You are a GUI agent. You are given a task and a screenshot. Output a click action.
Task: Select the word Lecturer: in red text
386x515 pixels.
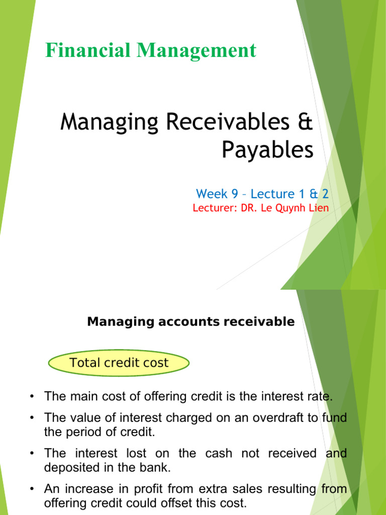(214, 207)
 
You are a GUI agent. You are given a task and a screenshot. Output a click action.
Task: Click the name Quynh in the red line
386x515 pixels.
(289, 207)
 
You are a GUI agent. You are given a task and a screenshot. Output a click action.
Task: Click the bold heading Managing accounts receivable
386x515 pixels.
(190, 322)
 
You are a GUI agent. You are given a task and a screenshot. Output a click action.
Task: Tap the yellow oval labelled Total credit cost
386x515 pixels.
(119, 363)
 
